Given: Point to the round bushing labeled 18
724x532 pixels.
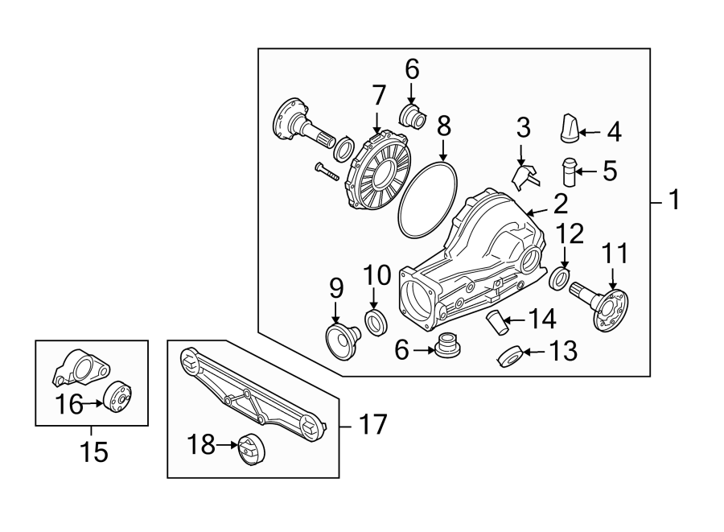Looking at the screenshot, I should click(x=252, y=450).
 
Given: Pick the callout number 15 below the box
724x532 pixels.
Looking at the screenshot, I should click(x=93, y=452).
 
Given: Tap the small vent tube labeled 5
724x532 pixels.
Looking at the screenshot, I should click(x=570, y=171).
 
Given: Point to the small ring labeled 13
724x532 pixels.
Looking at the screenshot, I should click(x=508, y=356).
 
